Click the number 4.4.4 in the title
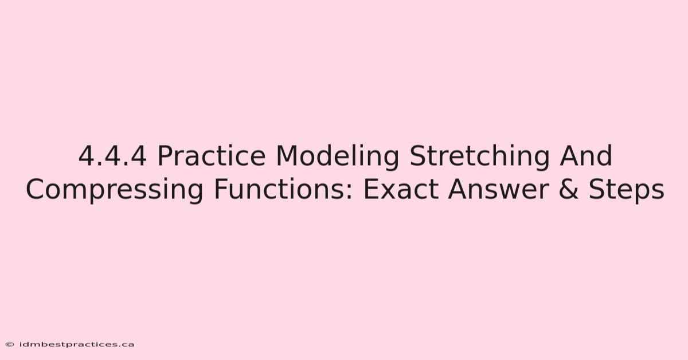112,156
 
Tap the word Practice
212,156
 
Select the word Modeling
338,158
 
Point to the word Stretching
479,158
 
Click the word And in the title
586,156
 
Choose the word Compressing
114,190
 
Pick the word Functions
283,189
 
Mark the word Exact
401,190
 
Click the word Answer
498,190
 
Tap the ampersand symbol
569,190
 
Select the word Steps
627,191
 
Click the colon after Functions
349,193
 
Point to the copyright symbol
10,345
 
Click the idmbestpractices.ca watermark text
77,345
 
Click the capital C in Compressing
36,190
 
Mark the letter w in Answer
509,192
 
